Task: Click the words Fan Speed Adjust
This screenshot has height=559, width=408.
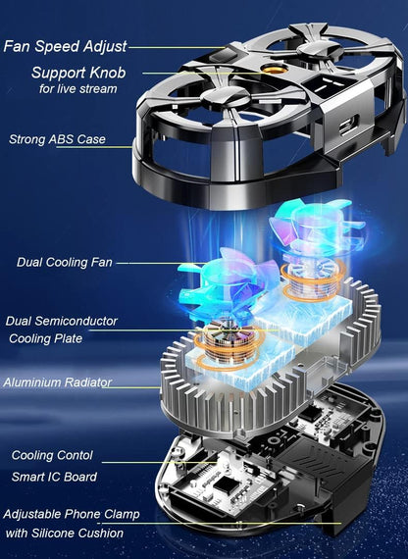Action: coord(65,45)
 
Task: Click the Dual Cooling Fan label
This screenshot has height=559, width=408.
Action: coord(65,262)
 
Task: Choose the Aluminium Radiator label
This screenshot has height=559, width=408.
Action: coord(56,382)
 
